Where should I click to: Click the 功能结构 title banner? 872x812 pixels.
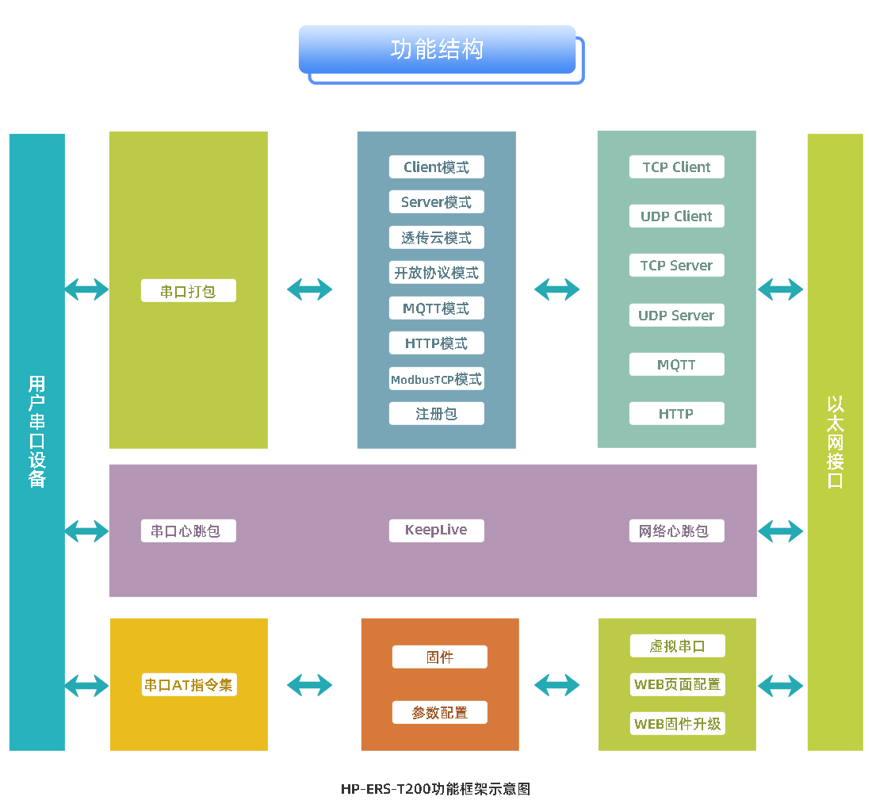(x=437, y=49)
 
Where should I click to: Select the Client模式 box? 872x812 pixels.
(x=436, y=167)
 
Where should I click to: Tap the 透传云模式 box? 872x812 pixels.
(x=436, y=238)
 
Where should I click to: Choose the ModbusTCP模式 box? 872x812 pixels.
(x=436, y=379)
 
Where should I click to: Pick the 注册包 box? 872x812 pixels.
(x=436, y=414)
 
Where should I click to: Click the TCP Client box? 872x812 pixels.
(x=676, y=167)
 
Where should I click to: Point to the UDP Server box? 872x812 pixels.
(x=676, y=316)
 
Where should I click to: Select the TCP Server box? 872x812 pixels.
(x=676, y=266)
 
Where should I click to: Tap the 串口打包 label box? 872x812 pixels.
(x=188, y=291)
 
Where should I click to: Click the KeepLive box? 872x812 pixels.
(x=436, y=530)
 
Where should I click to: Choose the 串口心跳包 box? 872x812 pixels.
(x=188, y=530)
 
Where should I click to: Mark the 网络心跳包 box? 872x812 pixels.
(x=676, y=530)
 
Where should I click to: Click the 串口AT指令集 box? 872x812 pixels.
(x=189, y=685)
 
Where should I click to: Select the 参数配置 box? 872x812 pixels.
(x=439, y=713)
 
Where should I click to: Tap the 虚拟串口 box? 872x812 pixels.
(x=677, y=646)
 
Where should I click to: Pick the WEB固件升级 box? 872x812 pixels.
(x=677, y=724)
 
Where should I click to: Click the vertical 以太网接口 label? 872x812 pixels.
(x=835, y=442)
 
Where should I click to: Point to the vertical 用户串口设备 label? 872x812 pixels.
(x=36, y=431)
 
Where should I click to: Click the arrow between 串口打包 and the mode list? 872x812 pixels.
(x=310, y=289)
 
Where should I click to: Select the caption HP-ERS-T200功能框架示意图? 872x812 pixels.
(x=435, y=789)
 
